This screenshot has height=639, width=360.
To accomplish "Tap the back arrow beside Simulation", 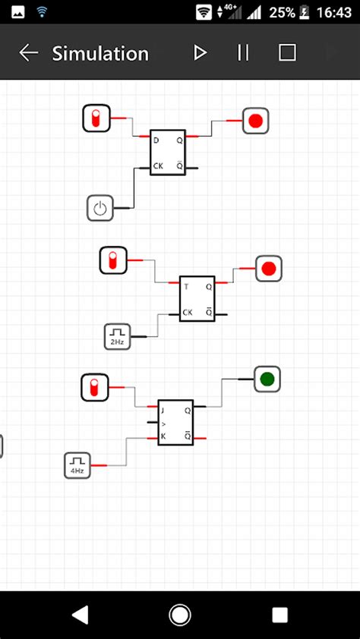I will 29,52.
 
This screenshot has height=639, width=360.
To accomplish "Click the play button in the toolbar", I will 200,52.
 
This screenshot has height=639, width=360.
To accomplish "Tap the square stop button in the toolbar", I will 287,52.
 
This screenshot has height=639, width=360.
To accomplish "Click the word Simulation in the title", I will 100,53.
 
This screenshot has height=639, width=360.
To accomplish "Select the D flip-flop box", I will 168,152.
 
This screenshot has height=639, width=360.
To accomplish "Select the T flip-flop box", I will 197,298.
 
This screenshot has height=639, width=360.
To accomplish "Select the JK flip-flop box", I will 175,422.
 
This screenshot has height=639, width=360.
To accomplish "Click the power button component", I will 100,207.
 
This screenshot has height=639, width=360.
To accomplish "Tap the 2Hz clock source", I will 118,335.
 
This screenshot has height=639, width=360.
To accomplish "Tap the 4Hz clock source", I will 77,464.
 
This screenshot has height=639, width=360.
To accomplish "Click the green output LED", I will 267,379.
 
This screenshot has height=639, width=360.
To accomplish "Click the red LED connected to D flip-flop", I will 256,121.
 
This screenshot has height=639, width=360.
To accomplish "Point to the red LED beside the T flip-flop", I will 268,269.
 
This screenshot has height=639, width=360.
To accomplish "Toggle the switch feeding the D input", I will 96,119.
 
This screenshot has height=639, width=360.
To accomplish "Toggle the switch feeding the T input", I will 113,260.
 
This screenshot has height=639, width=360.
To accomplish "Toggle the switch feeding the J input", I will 95,387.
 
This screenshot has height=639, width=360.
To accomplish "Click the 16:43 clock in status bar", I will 335,13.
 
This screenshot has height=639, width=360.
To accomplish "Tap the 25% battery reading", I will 282,13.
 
